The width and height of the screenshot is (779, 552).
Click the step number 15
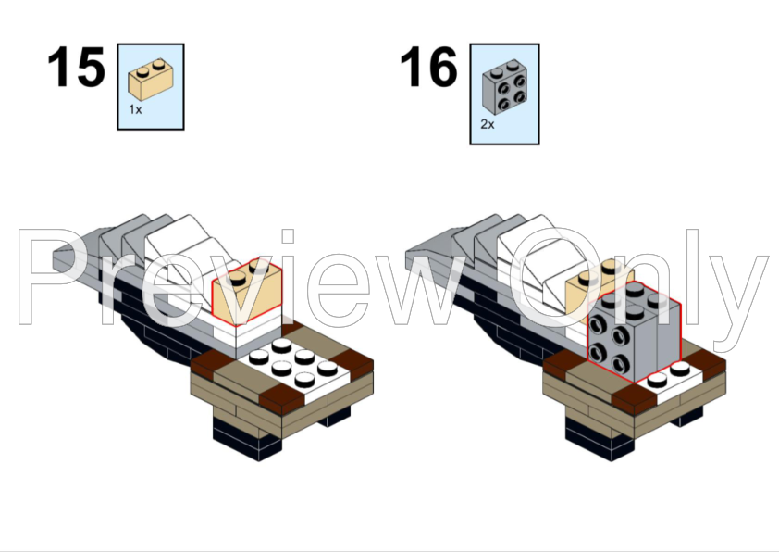point(76,69)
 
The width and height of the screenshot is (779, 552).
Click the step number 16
point(428,69)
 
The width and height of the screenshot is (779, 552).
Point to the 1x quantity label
point(135,109)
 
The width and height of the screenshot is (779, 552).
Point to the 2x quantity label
point(488,123)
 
